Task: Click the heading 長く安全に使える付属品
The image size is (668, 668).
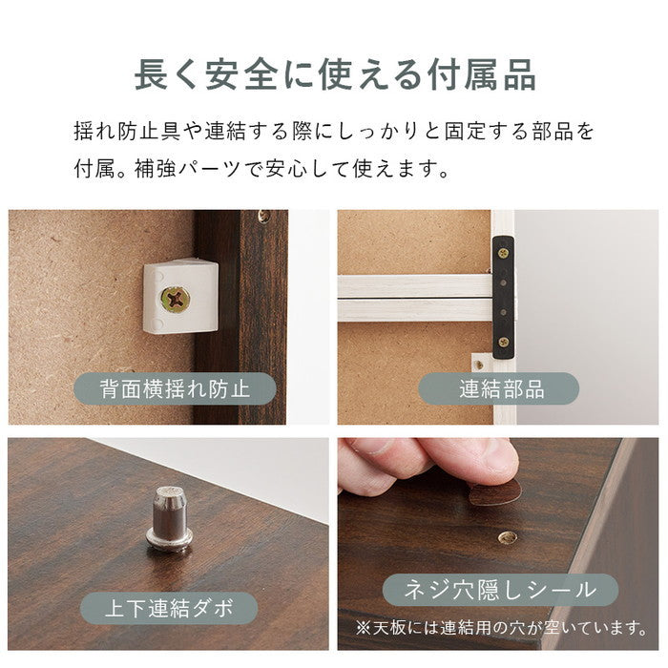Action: [x=334, y=74]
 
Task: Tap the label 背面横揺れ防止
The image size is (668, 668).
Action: [x=175, y=388]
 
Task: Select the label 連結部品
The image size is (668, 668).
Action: [x=501, y=388]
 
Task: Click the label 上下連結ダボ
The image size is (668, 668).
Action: [x=168, y=608]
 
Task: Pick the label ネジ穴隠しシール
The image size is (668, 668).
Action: [x=500, y=590]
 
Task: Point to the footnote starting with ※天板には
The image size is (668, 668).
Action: [x=502, y=628]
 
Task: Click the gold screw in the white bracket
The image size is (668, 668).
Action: [x=177, y=298]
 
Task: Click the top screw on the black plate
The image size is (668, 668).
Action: [x=503, y=253]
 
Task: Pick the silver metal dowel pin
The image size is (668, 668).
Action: [x=170, y=520]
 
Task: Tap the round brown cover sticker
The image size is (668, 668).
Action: [x=495, y=492]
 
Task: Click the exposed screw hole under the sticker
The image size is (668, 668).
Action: [x=508, y=537]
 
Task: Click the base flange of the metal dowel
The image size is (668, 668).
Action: [x=170, y=545]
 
